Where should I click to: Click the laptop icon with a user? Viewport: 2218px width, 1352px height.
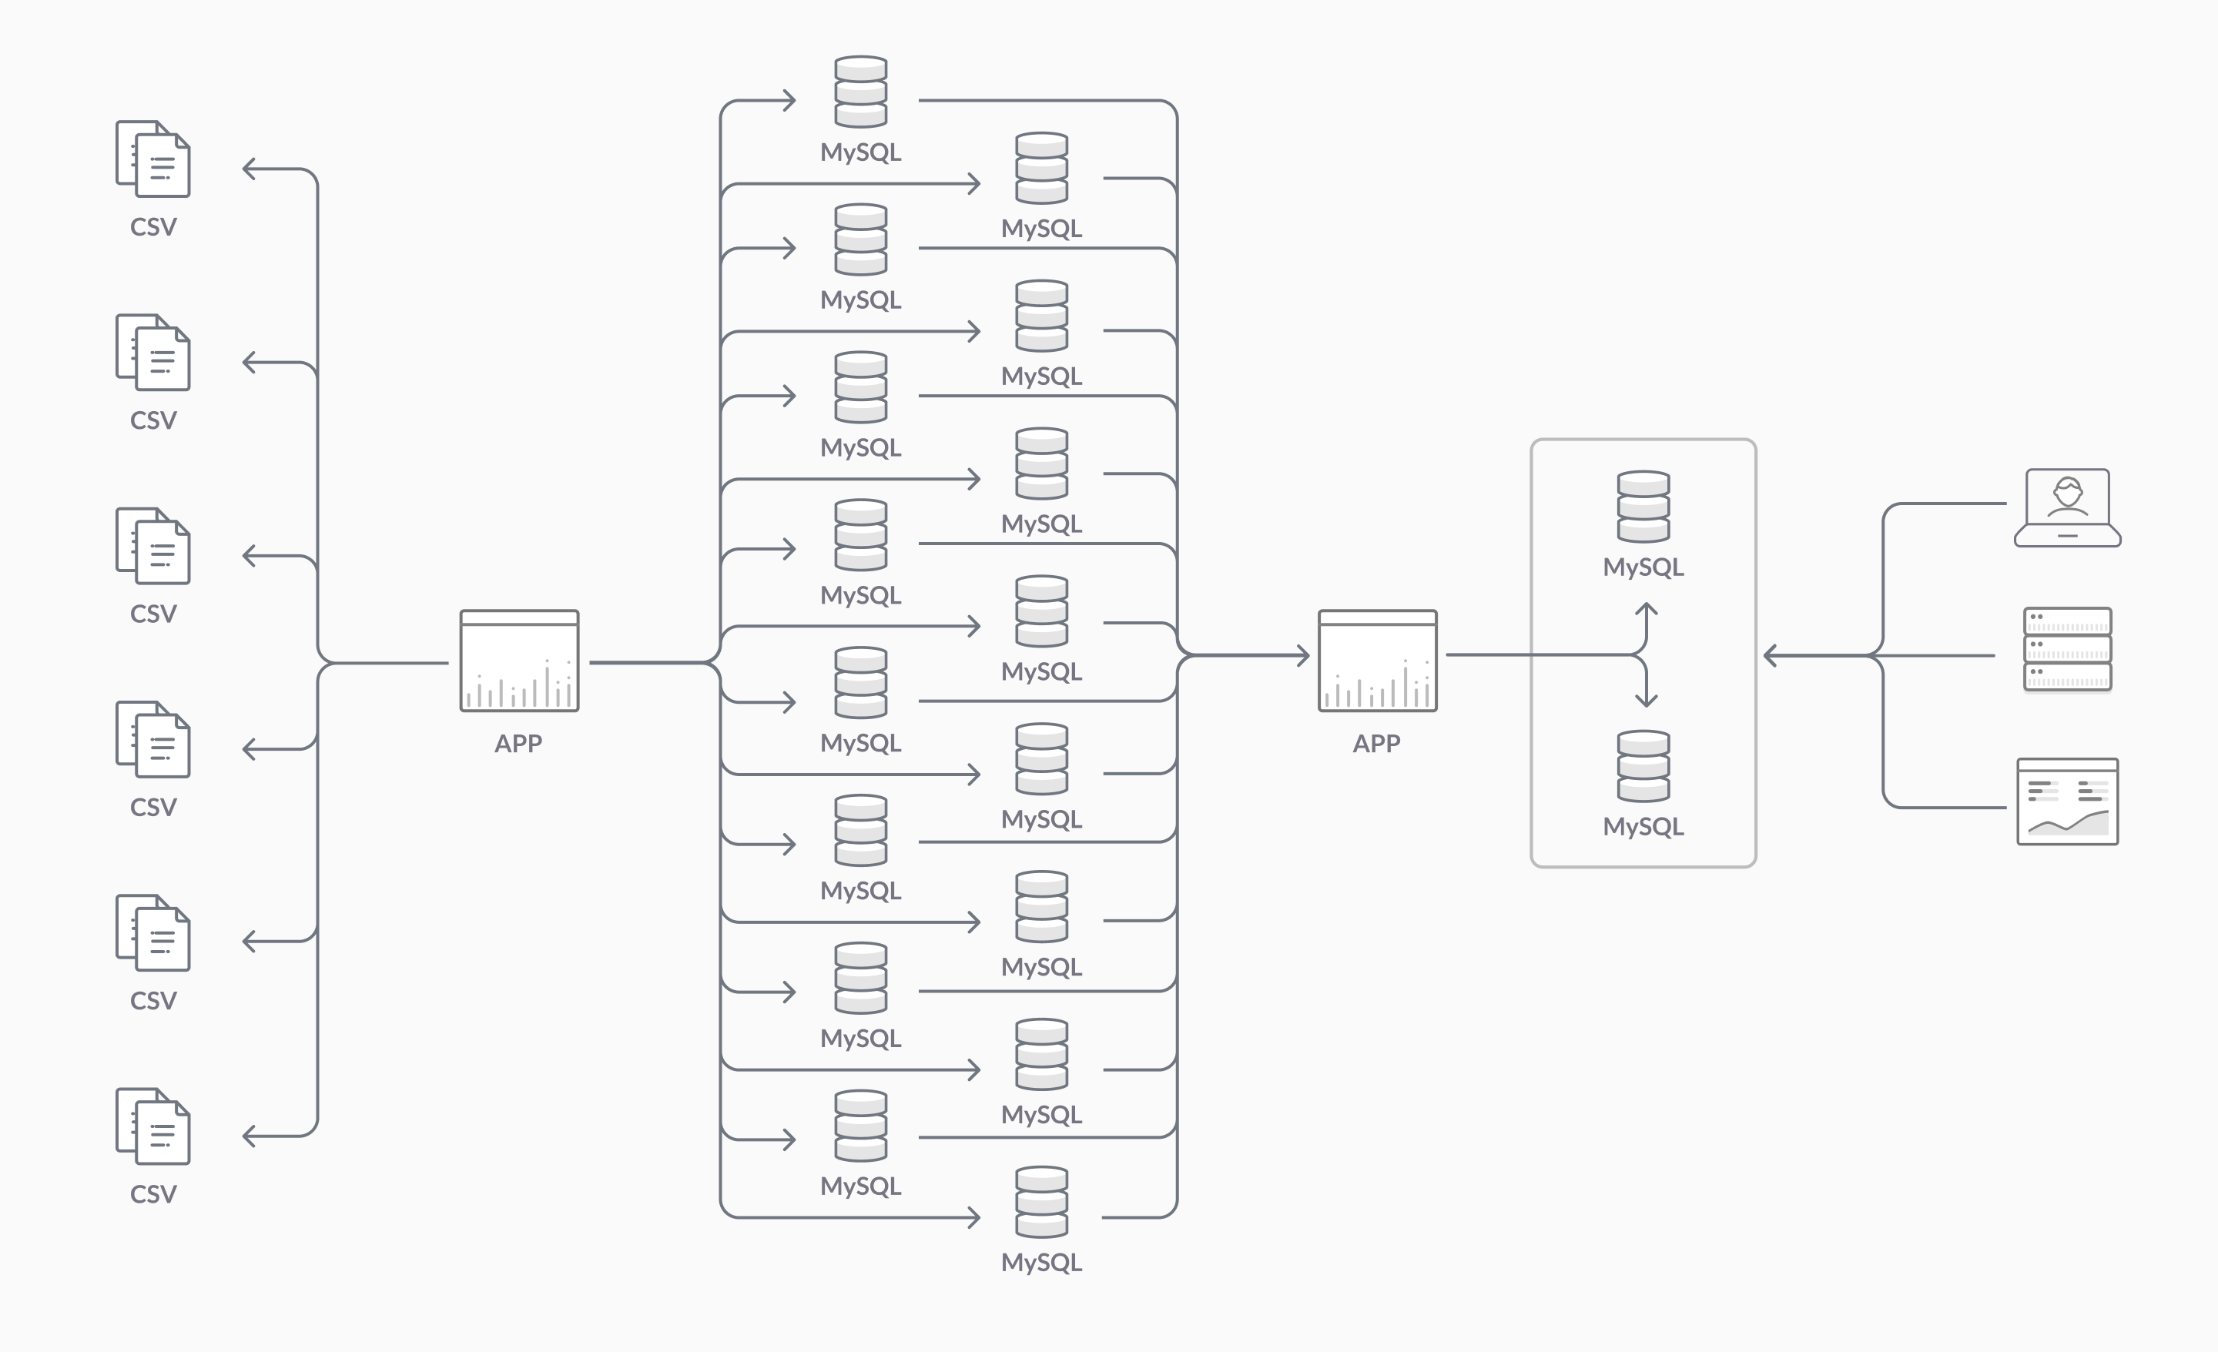(x=2067, y=507)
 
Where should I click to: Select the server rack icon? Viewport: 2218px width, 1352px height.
(x=2067, y=649)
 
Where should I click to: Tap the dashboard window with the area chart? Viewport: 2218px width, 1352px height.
(x=2067, y=801)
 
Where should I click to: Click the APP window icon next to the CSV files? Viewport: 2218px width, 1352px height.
(x=519, y=661)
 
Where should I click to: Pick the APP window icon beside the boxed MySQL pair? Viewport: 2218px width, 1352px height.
(x=1377, y=661)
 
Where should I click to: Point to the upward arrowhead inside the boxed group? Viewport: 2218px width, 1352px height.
(x=1647, y=608)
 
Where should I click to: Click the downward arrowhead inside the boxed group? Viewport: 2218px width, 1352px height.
(x=1647, y=701)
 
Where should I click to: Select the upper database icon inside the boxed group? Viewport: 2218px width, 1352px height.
(x=1643, y=506)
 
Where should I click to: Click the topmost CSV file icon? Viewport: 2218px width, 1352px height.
(x=153, y=159)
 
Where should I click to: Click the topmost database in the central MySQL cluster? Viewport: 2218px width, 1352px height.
(x=860, y=91)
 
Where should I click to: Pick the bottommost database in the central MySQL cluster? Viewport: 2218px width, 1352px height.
(x=1041, y=1202)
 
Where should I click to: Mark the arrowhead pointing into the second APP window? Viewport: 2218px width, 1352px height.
(x=1302, y=655)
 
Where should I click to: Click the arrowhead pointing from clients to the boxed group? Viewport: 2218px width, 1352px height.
(x=1770, y=655)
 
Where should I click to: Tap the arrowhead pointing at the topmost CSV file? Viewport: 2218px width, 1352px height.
(x=250, y=169)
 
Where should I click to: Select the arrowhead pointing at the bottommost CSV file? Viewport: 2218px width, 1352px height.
(x=250, y=1136)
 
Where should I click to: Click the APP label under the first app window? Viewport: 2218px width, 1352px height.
(x=518, y=744)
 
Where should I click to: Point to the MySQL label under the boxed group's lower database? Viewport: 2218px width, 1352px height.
(x=1643, y=826)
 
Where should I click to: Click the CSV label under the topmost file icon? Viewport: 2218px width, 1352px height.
(x=153, y=227)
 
